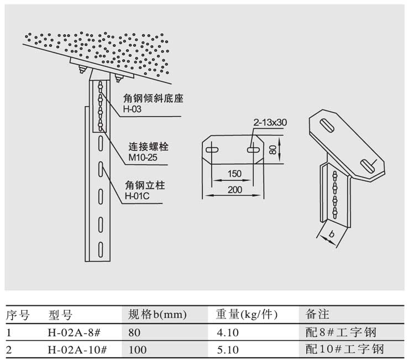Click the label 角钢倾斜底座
153,99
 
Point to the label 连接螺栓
148,147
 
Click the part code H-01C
136,196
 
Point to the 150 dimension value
234,174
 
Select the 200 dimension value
234,189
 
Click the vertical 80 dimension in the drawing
272,149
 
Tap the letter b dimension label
332,234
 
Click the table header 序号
18,315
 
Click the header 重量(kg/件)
246,315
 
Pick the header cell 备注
317,315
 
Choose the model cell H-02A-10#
77,349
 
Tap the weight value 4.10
227,333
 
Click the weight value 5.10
227,349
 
